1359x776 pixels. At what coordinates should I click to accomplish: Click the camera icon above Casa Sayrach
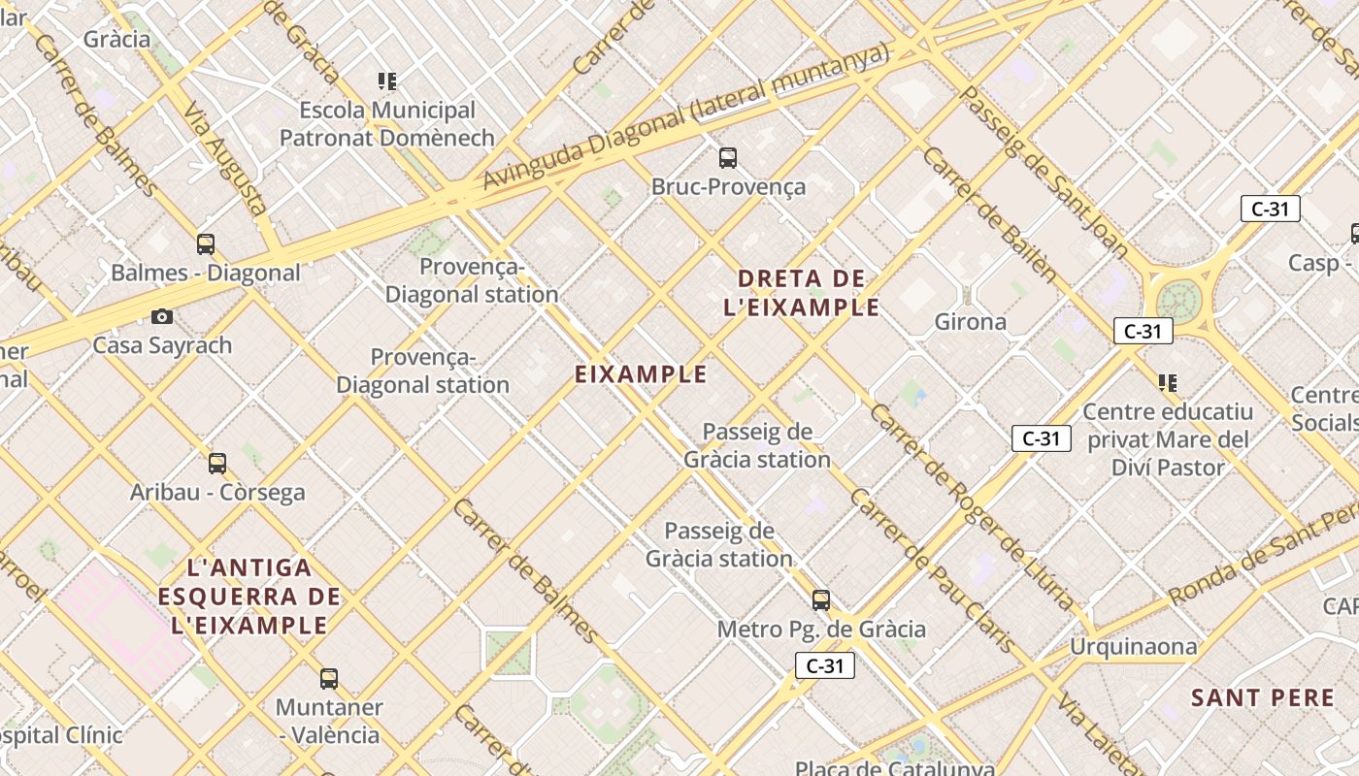click(162, 316)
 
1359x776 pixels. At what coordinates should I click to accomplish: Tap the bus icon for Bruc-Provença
click(727, 157)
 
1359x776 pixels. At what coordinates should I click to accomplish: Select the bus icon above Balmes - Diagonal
click(205, 243)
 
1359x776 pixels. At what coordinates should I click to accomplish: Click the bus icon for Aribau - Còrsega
click(217, 464)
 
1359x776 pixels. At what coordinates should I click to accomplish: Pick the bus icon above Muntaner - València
click(329, 678)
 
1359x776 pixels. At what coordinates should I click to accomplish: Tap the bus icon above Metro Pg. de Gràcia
click(821, 600)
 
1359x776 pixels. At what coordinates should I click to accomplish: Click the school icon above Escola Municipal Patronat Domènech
click(387, 81)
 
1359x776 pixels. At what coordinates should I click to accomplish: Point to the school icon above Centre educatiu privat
click(1168, 383)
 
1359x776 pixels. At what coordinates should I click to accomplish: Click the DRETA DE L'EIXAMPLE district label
click(802, 293)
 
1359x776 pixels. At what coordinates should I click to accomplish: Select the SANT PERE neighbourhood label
click(1262, 697)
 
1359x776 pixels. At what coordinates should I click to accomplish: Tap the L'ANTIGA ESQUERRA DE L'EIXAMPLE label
click(250, 596)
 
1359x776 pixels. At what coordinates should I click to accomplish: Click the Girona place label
click(970, 321)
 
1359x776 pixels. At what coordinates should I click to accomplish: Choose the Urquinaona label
click(1133, 646)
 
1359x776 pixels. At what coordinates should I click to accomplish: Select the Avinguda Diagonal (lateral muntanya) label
click(685, 117)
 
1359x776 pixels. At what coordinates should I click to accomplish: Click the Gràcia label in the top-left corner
click(116, 39)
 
